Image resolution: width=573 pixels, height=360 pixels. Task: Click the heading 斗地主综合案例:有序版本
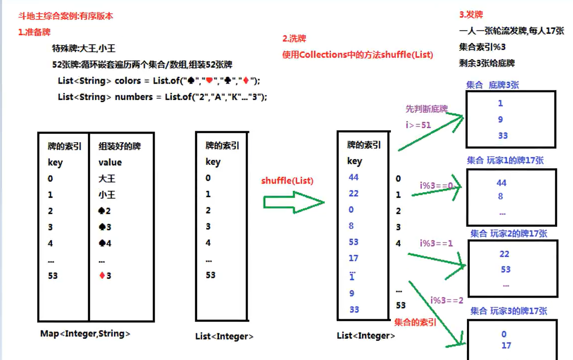(65, 16)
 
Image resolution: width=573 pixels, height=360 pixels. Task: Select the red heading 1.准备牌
(34, 32)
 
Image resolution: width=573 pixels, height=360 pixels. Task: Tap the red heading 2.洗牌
(294, 39)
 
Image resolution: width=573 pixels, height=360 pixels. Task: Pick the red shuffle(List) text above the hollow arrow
(287, 181)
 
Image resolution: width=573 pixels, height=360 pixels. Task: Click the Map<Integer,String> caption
(85, 333)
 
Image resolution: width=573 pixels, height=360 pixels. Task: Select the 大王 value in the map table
(107, 178)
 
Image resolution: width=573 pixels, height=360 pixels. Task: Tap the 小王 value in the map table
(107, 195)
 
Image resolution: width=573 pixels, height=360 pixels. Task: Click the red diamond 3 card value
(105, 275)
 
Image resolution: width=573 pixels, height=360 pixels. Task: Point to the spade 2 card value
(105, 211)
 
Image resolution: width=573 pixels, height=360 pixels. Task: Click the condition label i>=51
(418, 125)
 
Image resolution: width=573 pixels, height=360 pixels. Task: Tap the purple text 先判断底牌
(426, 109)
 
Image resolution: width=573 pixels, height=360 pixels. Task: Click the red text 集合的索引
(415, 322)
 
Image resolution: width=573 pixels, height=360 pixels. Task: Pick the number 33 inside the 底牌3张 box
(503, 135)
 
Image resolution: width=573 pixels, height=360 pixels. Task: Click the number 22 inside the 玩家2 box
(504, 254)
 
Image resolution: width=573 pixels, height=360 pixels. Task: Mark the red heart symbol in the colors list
(209, 80)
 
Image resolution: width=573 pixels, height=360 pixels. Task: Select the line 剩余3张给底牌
(486, 63)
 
